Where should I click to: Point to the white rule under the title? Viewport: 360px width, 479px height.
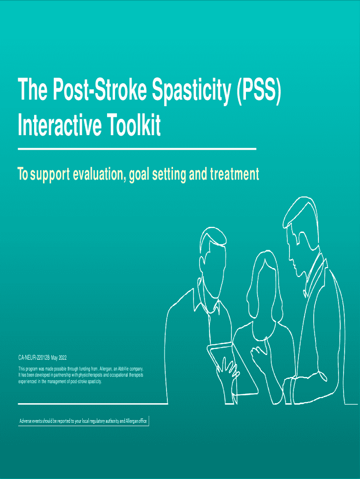coord(137,149)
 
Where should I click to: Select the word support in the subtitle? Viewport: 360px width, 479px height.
coord(50,175)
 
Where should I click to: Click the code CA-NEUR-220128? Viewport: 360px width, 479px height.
coord(34,358)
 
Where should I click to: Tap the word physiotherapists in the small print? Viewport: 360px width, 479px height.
coord(87,375)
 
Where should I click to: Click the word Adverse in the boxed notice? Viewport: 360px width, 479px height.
coord(26,421)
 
